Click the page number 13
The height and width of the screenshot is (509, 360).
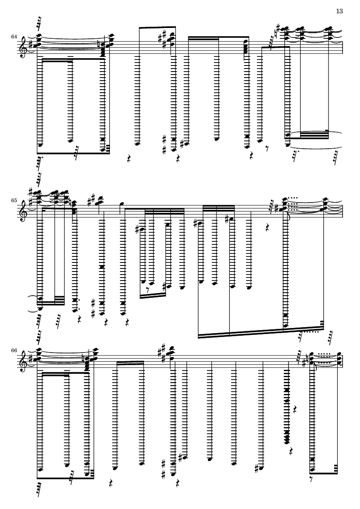(x=339, y=11)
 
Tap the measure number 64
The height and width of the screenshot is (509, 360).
(x=14, y=37)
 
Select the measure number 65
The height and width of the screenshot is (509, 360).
(x=14, y=200)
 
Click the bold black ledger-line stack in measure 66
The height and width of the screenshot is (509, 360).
(x=287, y=406)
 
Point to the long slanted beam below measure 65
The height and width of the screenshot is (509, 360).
(x=261, y=332)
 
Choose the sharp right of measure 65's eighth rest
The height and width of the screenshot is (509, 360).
(x=164, y=286)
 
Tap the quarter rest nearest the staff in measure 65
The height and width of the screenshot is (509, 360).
(x=268, y=225)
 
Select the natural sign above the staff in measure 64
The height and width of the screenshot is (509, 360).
(x=274, y=34)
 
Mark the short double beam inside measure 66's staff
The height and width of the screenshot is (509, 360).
(x=130, y=362)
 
